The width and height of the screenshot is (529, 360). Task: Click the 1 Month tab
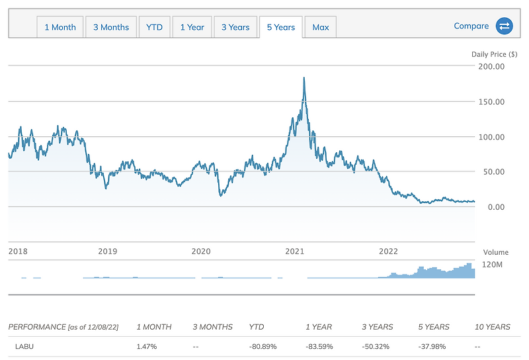(60, 27)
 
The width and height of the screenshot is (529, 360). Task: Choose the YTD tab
(153, 27)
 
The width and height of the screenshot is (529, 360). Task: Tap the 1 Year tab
(192, 27)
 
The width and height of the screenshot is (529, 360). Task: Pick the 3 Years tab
(235, 27)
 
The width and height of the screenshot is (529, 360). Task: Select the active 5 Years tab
(281, 27)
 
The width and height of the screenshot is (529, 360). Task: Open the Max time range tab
(321, 27)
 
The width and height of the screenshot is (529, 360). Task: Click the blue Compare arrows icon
(505, 26)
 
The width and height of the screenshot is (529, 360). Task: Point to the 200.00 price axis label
(491, 67)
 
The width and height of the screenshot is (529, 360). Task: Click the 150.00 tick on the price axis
(491, 102)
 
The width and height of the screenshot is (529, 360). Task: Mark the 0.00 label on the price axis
(495, 207)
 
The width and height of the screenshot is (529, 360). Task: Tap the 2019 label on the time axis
(107, 251)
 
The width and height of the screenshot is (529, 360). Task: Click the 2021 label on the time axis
(294, 251)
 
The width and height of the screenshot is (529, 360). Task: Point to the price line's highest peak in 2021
(304, 78)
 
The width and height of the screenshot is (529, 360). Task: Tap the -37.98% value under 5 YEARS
(435, 347)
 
